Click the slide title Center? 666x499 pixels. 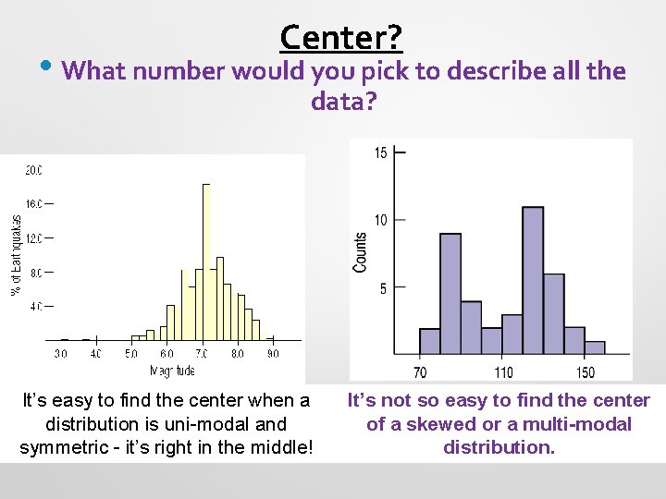(x=340, y=37)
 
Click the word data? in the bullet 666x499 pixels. (x=344, y=101)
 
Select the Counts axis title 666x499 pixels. (x=360, y=251)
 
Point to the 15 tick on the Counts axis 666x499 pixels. (x=380, y=152)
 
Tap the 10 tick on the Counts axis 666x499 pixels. (x=380, y=220)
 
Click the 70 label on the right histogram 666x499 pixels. (x=420, y=372)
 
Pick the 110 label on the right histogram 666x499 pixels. (x=502, y=372)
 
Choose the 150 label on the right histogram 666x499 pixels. (x=585, y=372)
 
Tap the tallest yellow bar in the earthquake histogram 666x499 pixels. (x=206, y=262)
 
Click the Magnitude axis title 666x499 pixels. (x=172, y=371)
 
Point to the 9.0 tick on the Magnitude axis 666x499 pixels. (x=273, y=353)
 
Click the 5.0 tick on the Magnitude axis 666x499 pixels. (x=131, y=353)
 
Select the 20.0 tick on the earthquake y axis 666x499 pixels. (x=33, y=170)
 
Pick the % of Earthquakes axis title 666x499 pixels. (x=16, y=255)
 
